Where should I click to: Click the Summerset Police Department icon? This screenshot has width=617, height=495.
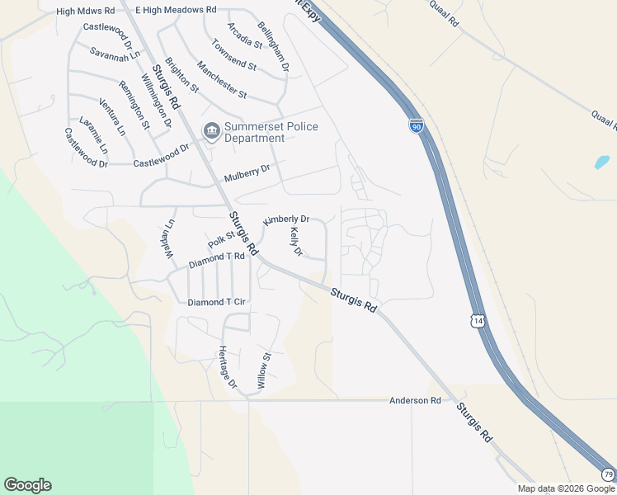pos(212,131)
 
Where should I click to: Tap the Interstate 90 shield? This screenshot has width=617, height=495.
pos(417,126)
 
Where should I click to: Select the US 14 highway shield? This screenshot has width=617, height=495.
pos(478,318)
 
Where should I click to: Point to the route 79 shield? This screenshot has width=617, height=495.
pos(608,474)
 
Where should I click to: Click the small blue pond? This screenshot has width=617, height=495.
pos(601,163)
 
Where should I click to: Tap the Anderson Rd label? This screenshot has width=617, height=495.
pos(415,400)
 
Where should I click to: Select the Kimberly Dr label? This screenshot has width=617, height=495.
pos(285,220)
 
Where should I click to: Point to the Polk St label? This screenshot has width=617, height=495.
pos(221,240)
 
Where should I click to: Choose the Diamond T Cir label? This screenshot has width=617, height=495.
pos(217,303)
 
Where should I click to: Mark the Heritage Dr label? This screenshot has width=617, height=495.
pos(228,367)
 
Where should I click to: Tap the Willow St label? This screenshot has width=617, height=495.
pos(263,371)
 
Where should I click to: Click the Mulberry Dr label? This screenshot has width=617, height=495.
pos(247,173)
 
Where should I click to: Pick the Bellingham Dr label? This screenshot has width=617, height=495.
pos(271,46)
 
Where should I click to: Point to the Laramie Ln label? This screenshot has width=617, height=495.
pos(93,135)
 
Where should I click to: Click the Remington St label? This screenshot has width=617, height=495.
pos(134,106)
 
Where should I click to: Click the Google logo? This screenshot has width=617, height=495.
pos(27,485)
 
